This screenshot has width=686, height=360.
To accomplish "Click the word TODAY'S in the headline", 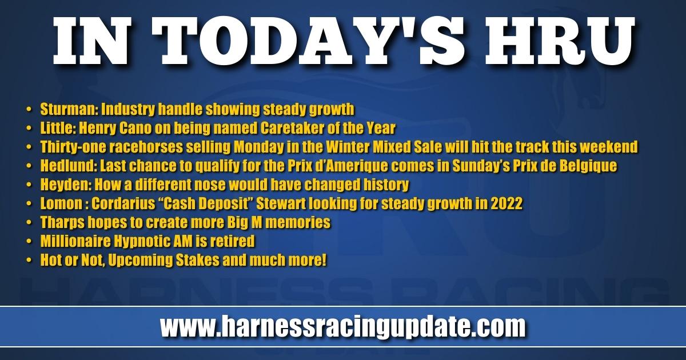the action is [307, 41].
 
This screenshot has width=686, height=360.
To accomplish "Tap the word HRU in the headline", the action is [560, 41].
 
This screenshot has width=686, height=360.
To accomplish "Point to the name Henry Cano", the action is [115, 128].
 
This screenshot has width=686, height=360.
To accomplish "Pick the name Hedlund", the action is [68, 166].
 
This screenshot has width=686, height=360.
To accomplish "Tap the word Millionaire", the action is [75, 241].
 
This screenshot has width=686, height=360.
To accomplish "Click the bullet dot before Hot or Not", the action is [29, 261].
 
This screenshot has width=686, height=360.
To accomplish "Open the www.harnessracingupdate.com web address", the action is [342, 327].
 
